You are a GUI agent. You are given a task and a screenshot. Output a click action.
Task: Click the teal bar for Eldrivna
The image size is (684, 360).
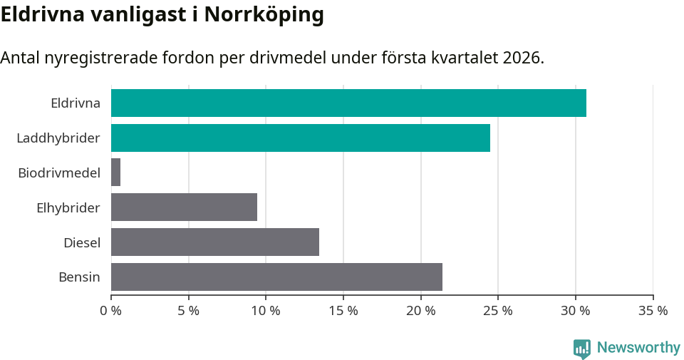tap(348, 103)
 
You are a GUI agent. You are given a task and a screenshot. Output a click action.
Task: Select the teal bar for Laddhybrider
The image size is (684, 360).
tap(301, 138)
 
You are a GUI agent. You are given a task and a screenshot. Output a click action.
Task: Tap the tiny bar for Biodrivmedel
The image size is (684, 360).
tap(115, 173)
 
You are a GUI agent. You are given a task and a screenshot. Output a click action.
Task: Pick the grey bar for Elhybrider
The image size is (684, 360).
tap(184, 207)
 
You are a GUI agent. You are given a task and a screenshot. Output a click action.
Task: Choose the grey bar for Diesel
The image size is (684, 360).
tap(215, 242)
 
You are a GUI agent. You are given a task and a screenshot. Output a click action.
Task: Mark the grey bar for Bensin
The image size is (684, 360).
tap(276, 277)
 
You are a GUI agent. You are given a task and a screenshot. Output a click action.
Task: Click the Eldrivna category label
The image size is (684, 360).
tap(75, 103)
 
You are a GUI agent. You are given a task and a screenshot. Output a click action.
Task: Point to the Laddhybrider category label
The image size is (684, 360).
tap(58, 138)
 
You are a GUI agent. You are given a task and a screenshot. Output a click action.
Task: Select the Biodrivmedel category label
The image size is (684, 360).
tap(59, 173)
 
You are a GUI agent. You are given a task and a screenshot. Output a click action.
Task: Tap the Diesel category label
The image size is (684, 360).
tap(82, 242)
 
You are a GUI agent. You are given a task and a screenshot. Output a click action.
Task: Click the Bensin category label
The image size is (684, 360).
tap(79, 277)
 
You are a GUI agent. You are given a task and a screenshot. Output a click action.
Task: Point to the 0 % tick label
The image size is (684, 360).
tap(111, 311)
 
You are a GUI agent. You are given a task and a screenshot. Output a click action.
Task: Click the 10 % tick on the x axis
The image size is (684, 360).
tap(266, 311)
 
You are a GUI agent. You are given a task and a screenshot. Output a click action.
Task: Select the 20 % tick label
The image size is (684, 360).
tap(420, 311)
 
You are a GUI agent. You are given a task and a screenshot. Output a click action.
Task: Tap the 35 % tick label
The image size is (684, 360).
tap(653, 311)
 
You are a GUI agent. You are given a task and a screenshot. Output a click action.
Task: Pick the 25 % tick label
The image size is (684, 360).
tap(498, 311)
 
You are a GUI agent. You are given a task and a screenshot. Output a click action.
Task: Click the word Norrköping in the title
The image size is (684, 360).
tap(264, 15)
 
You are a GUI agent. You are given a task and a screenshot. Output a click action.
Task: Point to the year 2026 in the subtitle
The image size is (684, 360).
tap(521, 58)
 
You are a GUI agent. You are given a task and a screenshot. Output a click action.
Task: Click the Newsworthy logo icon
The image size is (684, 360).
tap(582, 348)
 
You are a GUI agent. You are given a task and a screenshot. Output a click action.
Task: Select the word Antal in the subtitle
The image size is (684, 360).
tap(20, 58)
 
